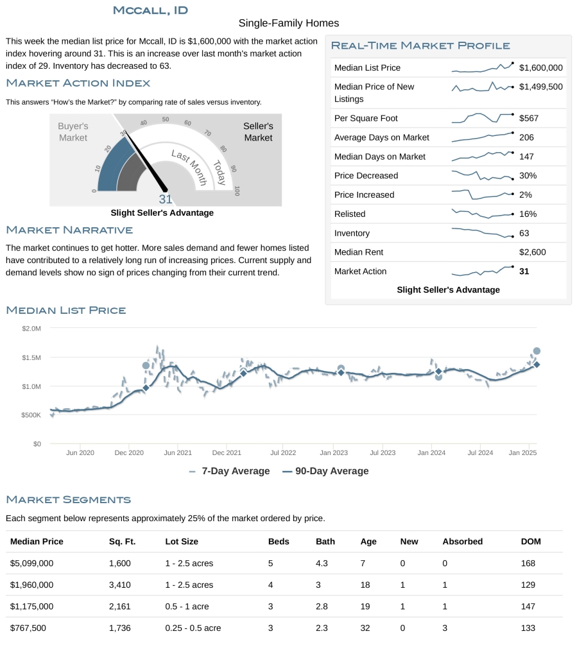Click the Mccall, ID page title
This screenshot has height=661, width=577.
pos(150,10)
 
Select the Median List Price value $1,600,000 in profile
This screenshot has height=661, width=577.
pos(540,67)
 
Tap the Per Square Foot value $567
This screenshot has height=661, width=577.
pos(528,118)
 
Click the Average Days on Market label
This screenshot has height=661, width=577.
pos(381,137)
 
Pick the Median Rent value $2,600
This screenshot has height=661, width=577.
pos(532,252)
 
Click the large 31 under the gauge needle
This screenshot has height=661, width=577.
pos(166,200)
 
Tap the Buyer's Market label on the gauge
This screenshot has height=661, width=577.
pos(73,132)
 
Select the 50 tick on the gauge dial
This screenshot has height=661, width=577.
pos(166,119)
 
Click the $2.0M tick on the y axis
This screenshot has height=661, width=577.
pos(31,329)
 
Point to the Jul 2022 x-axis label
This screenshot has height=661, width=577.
pos(283,452)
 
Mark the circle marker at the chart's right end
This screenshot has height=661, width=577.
pos(537,351)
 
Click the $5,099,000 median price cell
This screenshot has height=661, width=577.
pos(31,563)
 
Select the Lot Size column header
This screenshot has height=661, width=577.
pos(182,542)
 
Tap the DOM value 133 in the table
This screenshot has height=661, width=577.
pos(528,628)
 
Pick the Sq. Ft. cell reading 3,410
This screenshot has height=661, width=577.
pos(120,585)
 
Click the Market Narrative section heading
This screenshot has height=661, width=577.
pos(69,230)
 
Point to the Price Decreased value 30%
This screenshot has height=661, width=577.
pos(528,176)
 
